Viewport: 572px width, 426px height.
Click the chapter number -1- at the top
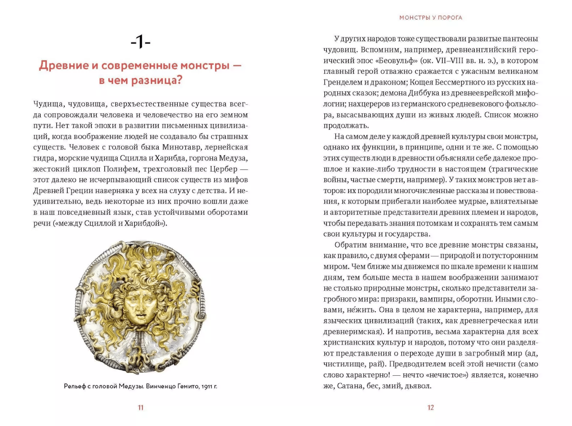coord(140,42)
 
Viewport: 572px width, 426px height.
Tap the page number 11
coord(140,407)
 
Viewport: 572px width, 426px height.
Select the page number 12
coord(430,407)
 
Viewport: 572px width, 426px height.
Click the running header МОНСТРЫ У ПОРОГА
coord(430,17)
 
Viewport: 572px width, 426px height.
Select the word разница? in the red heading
coord(157,80)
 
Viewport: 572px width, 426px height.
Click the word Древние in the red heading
coord(64,66)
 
